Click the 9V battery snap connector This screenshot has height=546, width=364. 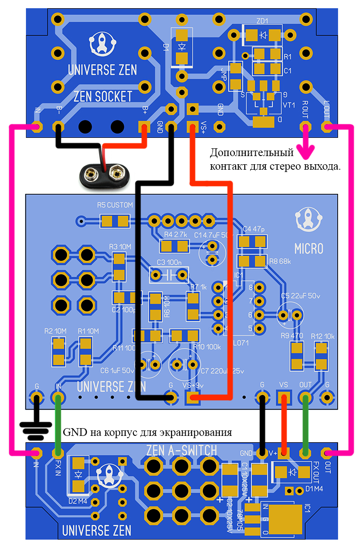(x=105, y=173)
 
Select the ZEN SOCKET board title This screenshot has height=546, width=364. (x=103, y=96)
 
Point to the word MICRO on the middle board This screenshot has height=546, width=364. (x=308, y=249)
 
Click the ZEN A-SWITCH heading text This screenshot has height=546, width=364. (x=182, y=450)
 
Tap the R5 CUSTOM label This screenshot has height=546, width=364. (x=115, y=205)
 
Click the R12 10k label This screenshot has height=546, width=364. (x=323, y=336)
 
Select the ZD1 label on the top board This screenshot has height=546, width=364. (x=262, y=21)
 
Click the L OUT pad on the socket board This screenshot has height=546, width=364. (x=326, y=126)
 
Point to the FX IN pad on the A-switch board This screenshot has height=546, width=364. (x=58, y=453)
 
